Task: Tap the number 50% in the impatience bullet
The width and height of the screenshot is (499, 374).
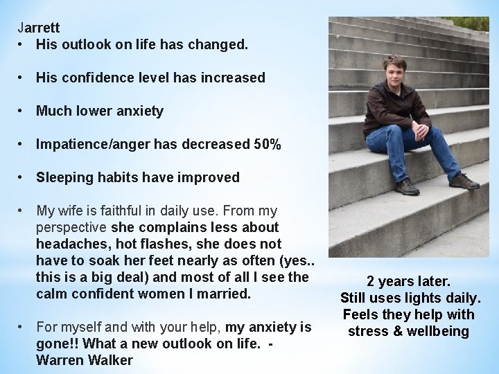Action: (x=267, y=144)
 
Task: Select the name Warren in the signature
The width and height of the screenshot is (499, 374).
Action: (x=61, y=360)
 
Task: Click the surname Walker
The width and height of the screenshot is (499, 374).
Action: (x=112, y=360)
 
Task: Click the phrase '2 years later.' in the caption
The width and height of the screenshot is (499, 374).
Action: (x=409, y=282)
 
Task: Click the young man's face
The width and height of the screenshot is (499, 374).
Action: (x=394, y=70)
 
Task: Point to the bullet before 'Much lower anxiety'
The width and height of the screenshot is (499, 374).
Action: (x=23, y=111)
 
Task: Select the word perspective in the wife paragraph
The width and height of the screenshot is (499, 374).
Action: (x=71, y=227)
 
